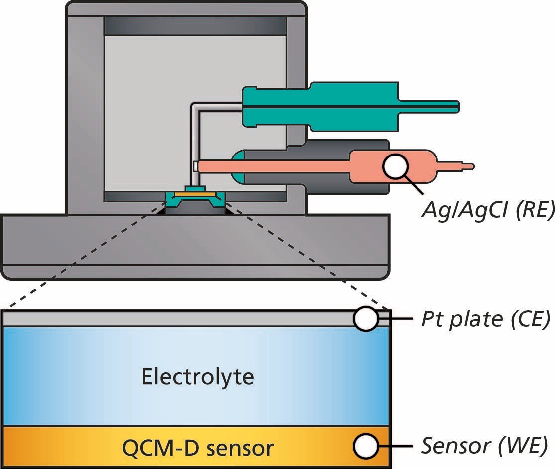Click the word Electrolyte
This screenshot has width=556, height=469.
(x=198, y=377)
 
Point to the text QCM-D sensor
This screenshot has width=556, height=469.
(x=198, y=448)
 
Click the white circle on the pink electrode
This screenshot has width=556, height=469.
(x=397, y=166)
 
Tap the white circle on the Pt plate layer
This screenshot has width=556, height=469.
(x=367, y=319)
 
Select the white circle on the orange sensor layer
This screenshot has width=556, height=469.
(x=367, y=446)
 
